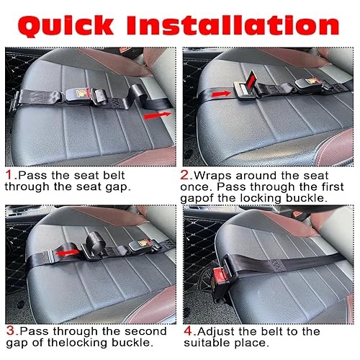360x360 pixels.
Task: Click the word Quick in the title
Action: (x=66, y=26)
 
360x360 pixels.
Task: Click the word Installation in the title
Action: (x=233, y=25)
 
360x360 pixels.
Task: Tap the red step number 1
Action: (x=9, y=175)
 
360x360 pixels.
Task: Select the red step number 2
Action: (x=185, y=175)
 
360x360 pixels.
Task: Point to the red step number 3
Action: (x=11, y=330)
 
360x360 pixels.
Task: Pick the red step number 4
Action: (x=189, y=331)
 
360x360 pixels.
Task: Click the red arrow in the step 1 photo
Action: (x=157, y=115)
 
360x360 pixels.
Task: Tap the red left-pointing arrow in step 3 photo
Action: (x=67, y=253)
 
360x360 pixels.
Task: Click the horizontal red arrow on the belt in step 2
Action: (x=221, y=94)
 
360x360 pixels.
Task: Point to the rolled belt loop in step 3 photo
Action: (x=96, y=241)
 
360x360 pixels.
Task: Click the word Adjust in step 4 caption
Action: (x=216, y=332)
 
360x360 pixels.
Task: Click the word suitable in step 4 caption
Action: (x=207, y=343)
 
